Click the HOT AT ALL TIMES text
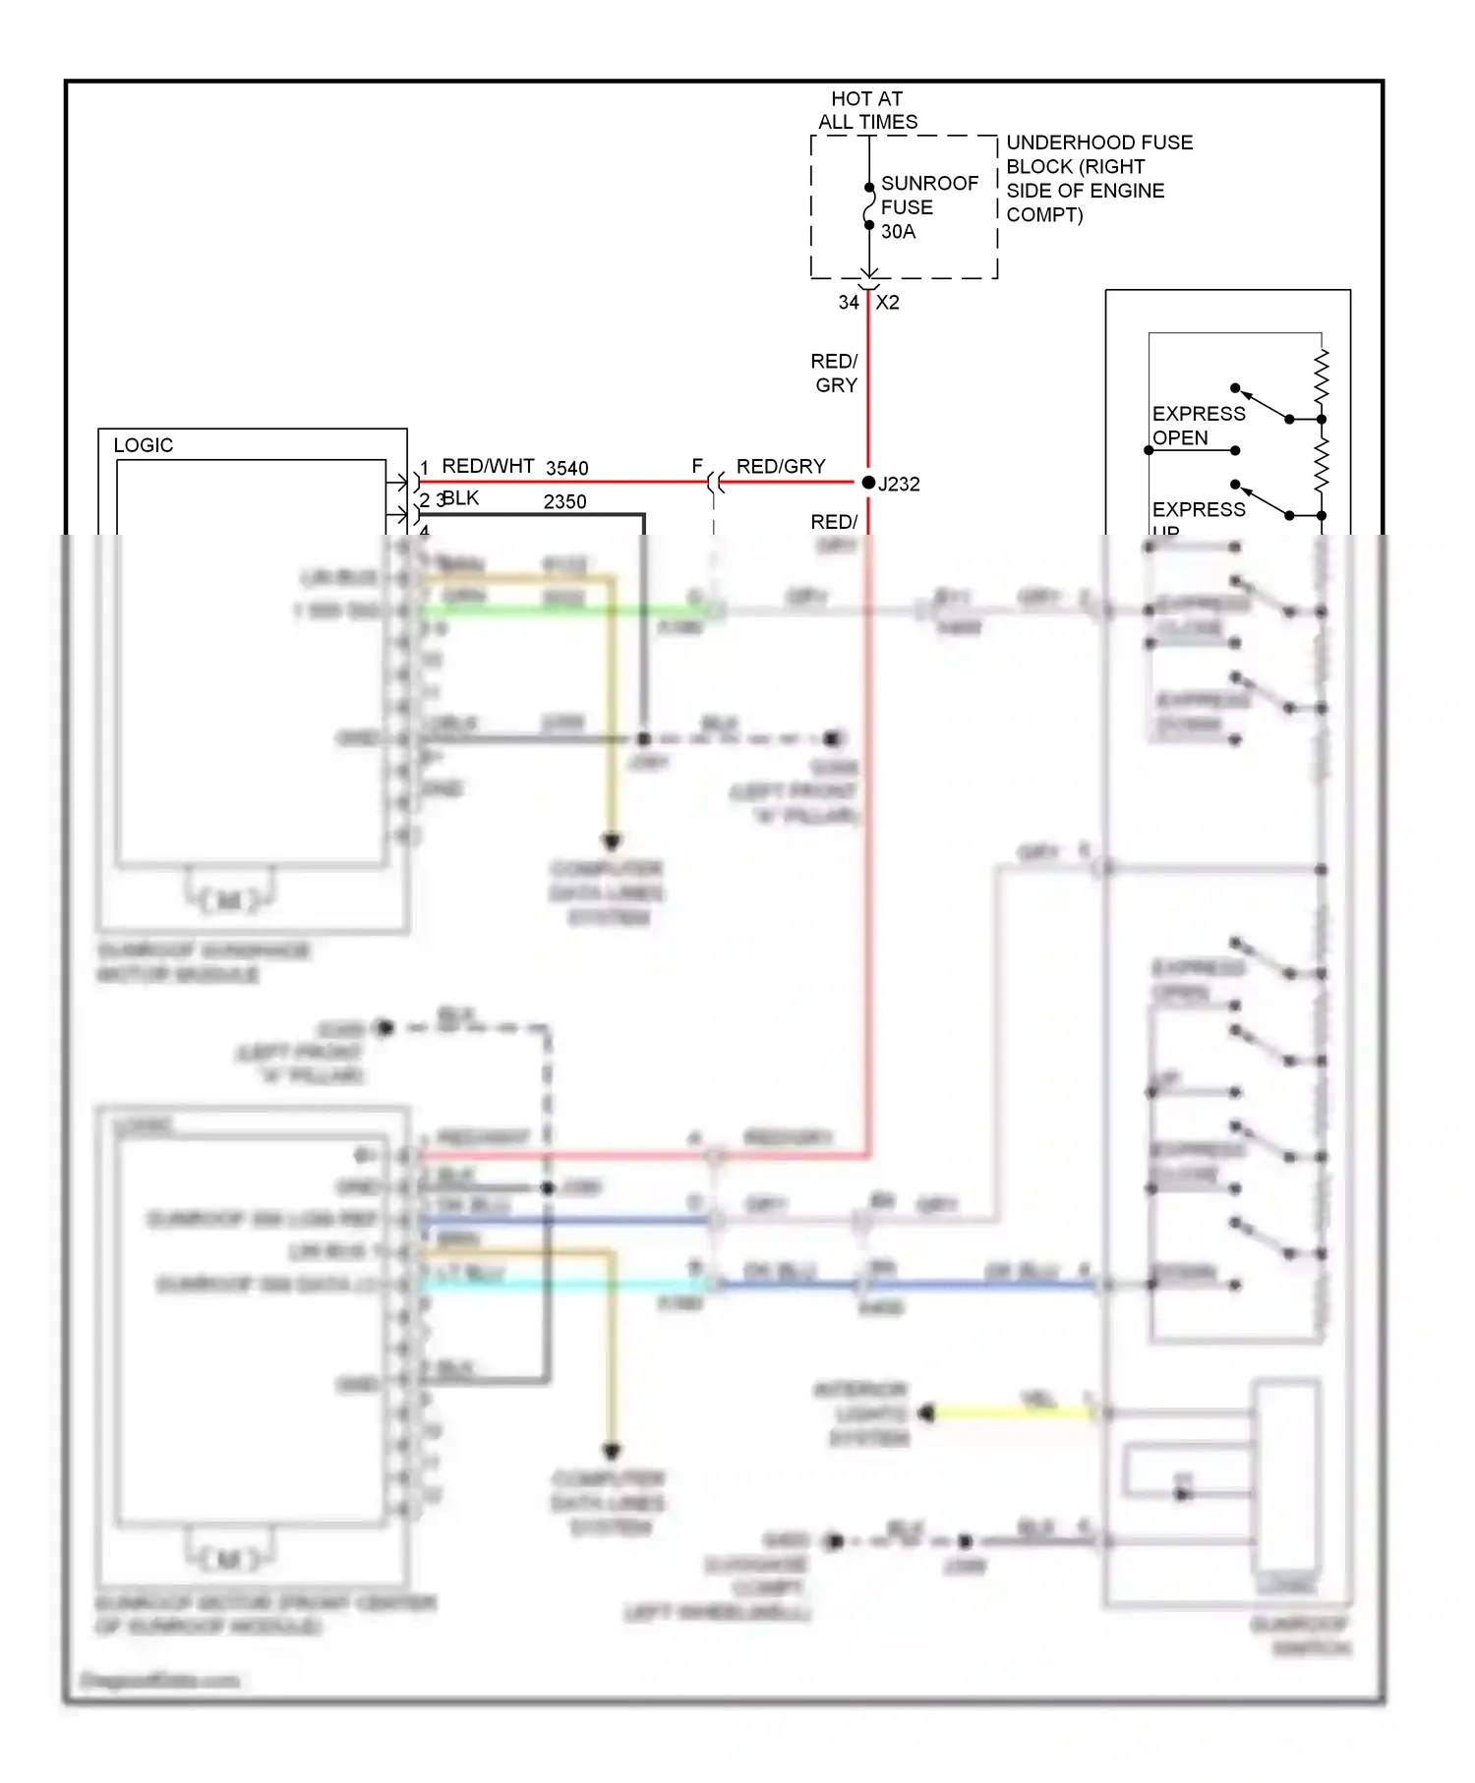(867, 110)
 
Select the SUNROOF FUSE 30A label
(928, 207)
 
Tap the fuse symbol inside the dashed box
(869, 207)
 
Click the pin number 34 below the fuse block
(848, 303)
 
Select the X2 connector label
(887, 303)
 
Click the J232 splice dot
(868, 483)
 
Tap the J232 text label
(900, 485)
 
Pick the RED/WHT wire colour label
(488, 466)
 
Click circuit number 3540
(566, 469)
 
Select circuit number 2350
(564, 502)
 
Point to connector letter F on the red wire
(697, 466)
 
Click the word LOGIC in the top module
(144, 445)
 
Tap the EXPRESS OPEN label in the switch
(1197, 426)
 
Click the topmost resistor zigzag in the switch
(1322, 375)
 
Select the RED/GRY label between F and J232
(781, 466)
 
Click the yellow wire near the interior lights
(1013, 1413)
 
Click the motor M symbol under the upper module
(228, 899)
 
